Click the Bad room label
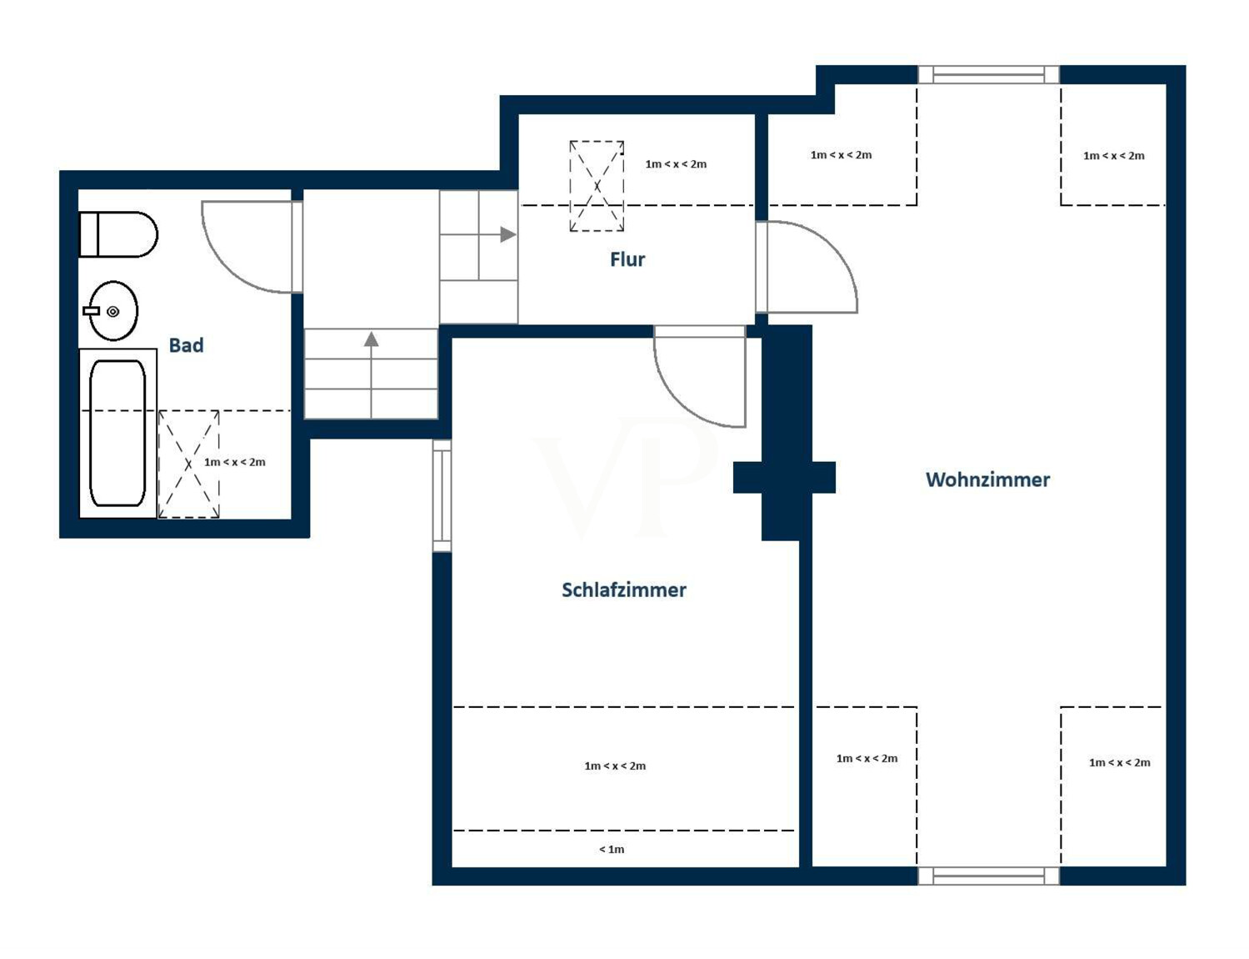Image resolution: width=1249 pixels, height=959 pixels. [187, 345]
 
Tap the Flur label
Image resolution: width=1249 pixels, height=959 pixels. [627, 259]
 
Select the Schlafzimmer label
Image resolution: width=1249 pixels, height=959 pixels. [623, 590]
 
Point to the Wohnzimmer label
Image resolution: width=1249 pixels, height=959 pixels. [987, 479]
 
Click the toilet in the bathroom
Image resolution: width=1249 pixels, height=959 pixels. [117, 234]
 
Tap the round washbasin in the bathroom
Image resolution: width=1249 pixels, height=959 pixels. [112, 311]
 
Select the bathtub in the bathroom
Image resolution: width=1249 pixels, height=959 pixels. [117, 433]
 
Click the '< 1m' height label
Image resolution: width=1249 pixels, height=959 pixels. [612, 849]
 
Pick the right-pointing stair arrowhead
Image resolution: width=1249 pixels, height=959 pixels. [507, 234]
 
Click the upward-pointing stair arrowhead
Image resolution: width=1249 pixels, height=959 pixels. [372, 339]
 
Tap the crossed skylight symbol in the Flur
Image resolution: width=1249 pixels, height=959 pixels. [597, 186]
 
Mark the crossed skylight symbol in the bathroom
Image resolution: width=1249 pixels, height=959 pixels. [189, 464]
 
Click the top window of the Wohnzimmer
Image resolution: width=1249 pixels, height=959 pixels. [989, 75]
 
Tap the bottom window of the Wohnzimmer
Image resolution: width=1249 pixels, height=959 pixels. [989, 876]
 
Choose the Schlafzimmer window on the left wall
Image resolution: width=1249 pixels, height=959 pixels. [442, 496]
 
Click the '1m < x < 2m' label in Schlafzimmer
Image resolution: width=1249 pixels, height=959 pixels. [615, 766]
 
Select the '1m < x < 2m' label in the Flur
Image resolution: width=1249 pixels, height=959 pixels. [676, 164]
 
